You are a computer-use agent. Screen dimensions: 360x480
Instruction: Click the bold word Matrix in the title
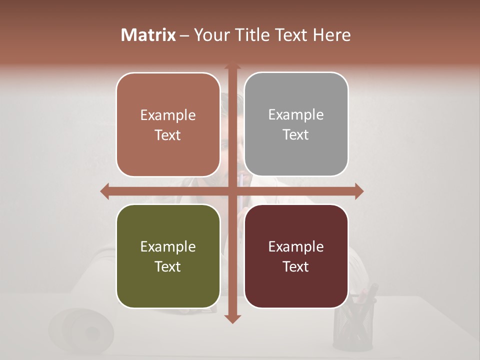(x=148, y=35)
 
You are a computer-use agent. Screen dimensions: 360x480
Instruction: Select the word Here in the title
(x=331, y=35)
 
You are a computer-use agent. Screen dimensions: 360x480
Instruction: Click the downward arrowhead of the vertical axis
(x=232, y=318)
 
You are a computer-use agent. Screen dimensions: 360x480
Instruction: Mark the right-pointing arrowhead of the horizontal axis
(x=358, y=191)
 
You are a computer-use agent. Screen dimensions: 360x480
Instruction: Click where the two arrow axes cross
(x=232, y=191)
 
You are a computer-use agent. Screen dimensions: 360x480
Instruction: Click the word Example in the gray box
(x=296, y=114)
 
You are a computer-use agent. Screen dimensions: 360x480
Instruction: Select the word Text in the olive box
(x=168, y=266)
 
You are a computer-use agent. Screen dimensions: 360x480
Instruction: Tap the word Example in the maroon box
(x=296, y=246)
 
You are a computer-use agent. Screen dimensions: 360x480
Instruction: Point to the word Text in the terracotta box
(x=168, y=135)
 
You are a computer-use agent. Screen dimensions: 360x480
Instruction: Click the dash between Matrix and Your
(x=184, y=35)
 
